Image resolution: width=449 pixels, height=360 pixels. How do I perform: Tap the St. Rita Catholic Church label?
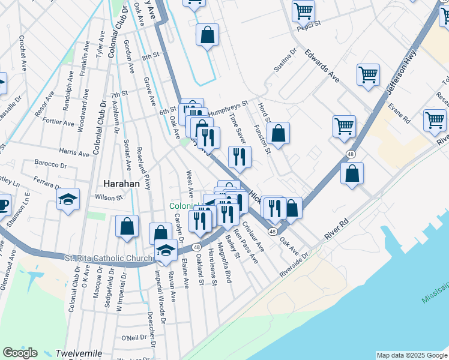tap(109, 258)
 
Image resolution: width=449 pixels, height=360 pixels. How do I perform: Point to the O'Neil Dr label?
tap(135, 338)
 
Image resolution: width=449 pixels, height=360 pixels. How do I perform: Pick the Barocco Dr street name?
tap(50, 164)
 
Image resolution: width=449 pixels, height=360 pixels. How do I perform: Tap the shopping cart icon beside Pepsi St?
tap(303, 10)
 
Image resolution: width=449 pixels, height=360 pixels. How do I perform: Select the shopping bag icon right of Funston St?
tap(279, 133)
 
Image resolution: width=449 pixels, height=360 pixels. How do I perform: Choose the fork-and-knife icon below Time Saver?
tap(240, 157)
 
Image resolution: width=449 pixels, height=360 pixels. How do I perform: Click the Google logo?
tap(20, 353)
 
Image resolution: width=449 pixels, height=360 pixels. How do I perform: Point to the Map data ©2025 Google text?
tap(412, 355)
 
